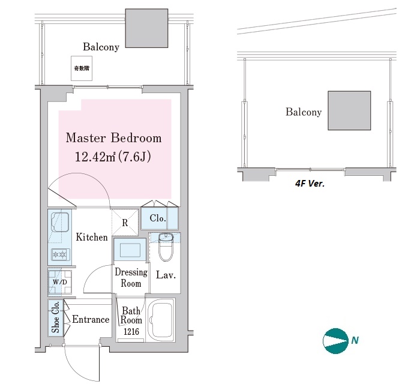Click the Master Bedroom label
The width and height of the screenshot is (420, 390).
(113, 138)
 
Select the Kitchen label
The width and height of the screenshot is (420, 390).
(92, 237)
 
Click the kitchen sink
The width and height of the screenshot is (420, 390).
(59, 222)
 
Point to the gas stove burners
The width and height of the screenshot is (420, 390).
(59, 254)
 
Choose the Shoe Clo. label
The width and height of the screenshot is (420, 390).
(56, 319)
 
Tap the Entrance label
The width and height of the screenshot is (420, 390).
(91, 319)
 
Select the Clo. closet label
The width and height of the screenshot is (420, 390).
(158, 218)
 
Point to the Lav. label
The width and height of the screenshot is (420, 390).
(165, 275)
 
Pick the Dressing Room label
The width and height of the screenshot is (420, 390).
(131, 278)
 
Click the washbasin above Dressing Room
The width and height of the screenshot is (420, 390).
(130, 248)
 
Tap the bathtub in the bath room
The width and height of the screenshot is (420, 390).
(160, 319)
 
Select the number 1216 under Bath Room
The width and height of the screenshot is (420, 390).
(131, 331)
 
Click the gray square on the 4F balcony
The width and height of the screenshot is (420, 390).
(349, 110)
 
